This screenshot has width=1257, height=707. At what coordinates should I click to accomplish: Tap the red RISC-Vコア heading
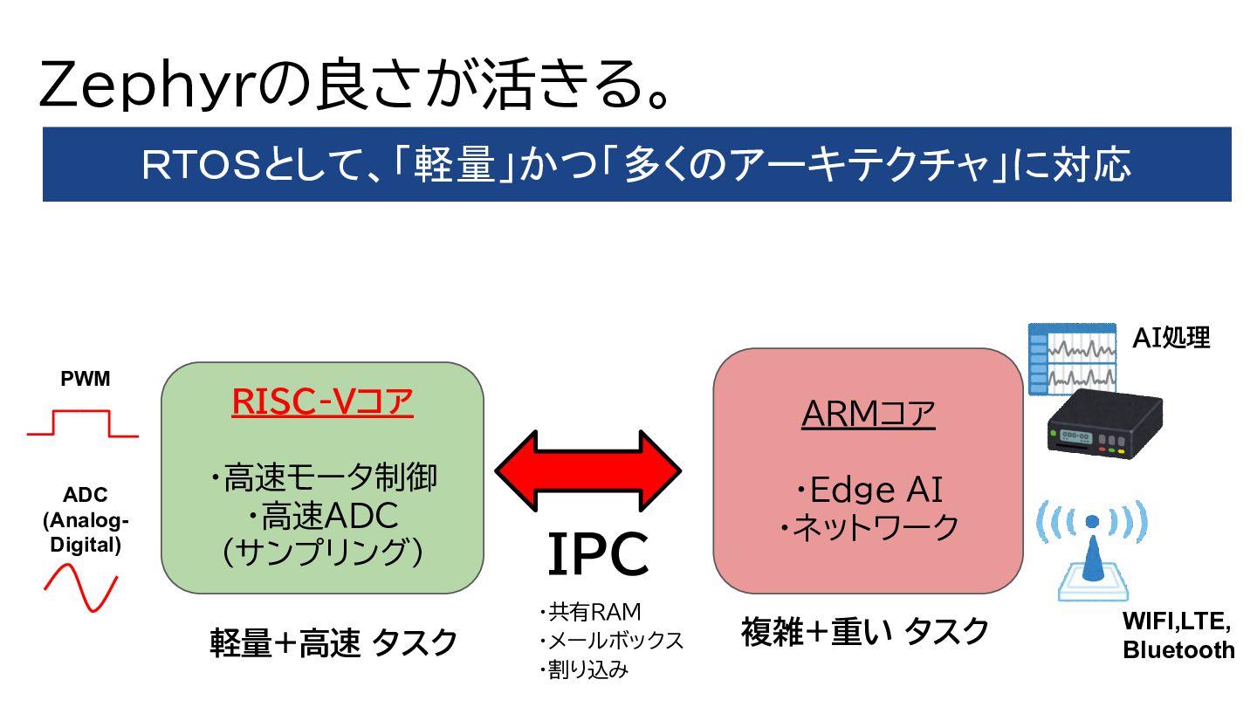tap(322, 402)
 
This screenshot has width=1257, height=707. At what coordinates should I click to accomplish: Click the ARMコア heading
tap(868, 414)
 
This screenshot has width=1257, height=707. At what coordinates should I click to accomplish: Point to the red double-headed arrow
tap(588, 470)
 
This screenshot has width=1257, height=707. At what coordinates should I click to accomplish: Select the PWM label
tap(86, 380)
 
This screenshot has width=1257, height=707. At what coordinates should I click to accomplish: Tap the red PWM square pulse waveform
tap(82, 425)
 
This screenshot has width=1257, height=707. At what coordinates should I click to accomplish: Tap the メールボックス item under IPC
tap(610, 641)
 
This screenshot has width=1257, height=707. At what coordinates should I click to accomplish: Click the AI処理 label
tap(1171, 338)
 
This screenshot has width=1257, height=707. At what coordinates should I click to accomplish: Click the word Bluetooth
tap(1178, 650)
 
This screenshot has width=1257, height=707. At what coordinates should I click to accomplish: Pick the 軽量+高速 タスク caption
tap(333, 643)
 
